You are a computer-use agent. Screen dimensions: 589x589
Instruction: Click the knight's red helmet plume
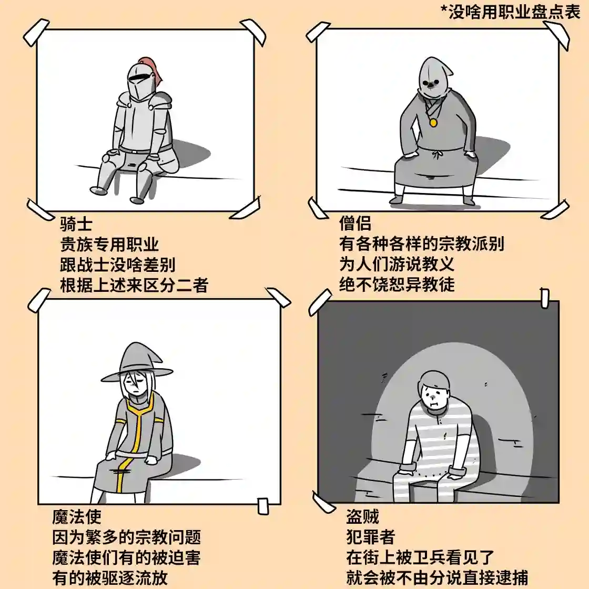(x=156, y=71)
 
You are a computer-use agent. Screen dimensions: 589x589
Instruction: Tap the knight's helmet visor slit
(x=139, y=78)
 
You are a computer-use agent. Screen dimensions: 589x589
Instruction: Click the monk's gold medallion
(x=433, y=123)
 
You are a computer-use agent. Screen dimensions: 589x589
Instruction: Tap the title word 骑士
(x=77, y=224)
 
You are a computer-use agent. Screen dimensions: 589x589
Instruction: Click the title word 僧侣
(x=356, y=224)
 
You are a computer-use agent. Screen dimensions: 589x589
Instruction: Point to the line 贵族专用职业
(x=109, y=245)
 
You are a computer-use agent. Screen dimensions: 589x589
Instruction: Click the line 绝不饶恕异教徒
(x=397, y=285)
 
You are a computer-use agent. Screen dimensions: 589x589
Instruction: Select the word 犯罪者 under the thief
(x=370, y=537)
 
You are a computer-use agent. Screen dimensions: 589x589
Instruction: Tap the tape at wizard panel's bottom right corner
(x=262, y=505)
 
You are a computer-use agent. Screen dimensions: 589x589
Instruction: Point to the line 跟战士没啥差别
(x=118, y=265)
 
